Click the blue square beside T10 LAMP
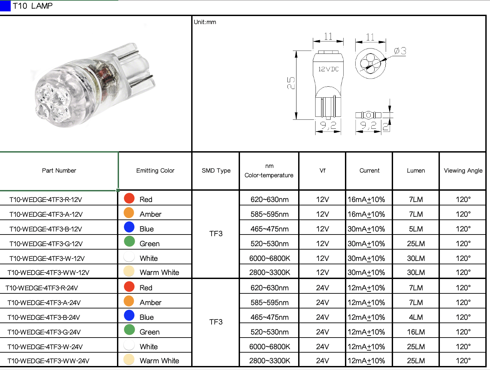tap(5, 6)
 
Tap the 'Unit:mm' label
tap(205, 22)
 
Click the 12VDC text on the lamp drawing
tap(328, 69)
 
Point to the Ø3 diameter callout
tap(400, 51)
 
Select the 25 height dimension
tap(291, 83)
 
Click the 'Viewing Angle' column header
tap(463, 171)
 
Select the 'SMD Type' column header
tap(216, 171)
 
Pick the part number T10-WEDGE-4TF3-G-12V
tap(46, 244)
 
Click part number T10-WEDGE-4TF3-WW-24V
tap(48, 361)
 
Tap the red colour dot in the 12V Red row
tap(129, 198)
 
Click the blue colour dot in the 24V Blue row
tap(129, 315)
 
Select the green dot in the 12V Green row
tap(129, 242)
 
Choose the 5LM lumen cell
tap(416, 229)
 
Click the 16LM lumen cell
tap(416, 332)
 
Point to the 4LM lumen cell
tap(416, 317)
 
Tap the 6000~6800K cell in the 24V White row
tap(269, 347)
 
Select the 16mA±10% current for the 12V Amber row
tap(366, 214)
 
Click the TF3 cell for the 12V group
tap(216, 234)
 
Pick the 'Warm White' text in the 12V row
tap(159, 273)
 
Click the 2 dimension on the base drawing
tap(385, 126)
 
